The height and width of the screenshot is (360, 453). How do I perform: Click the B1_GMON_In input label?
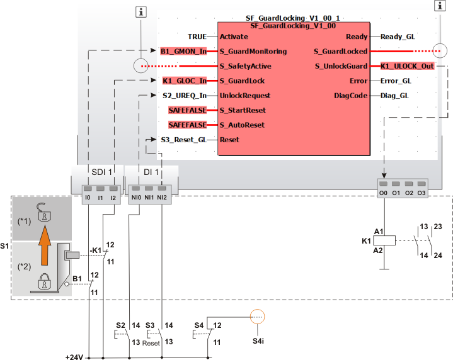point(184,52)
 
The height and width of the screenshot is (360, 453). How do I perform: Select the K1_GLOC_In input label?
point(184,81)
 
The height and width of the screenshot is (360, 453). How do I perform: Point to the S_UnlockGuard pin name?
point(340,66)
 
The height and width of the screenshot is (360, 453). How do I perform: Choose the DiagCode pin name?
point(350,96)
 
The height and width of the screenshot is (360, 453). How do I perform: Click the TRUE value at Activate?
point(198,37)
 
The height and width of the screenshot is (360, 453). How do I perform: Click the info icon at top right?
point(439,6)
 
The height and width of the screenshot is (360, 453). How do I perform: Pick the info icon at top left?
point(143,11)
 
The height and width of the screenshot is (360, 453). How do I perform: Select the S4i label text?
point(258,340)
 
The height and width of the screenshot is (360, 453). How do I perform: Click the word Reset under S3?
point(151,344)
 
